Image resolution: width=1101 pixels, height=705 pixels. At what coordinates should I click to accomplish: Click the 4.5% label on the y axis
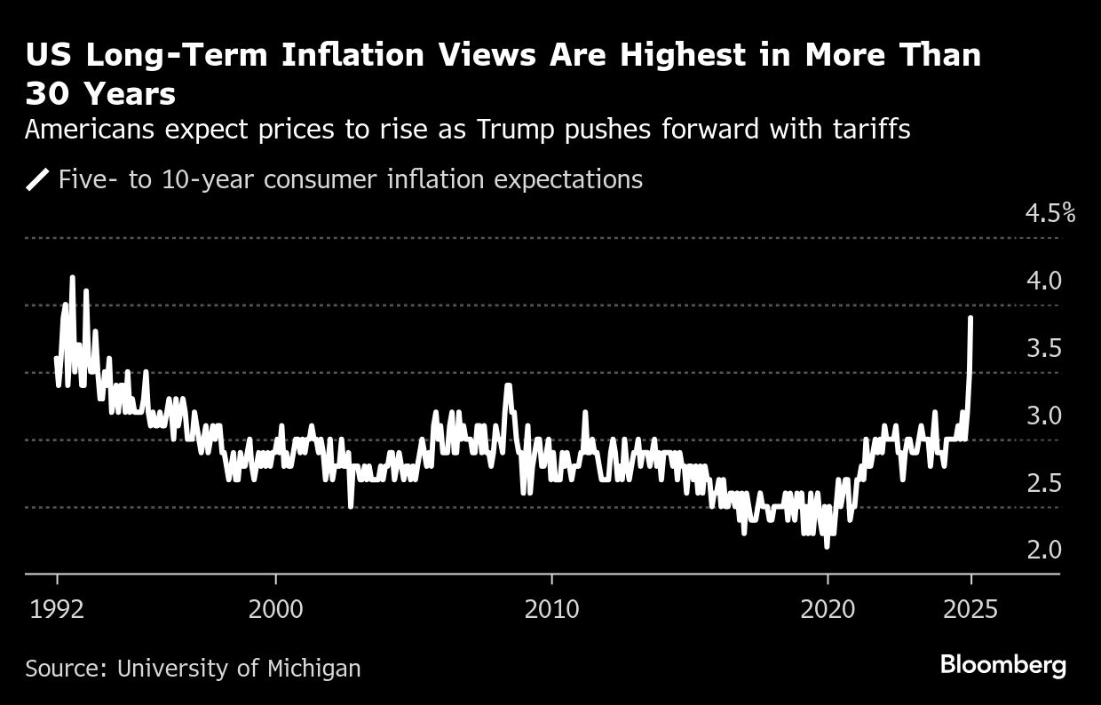pyautogui.click(x=1050, y=213)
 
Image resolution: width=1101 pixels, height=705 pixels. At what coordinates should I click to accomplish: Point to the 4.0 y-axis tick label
pyautogui.click(x=1044, y=281)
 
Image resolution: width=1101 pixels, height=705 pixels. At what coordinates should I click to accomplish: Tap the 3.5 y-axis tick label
pyautogui.click(x=1044, y=348)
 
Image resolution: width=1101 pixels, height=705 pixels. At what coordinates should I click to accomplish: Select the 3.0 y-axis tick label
pyautogui.click(x=1044, y=416)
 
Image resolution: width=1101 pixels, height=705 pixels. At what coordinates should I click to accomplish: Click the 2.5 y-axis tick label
pyautogui.click(x=1044, y=483)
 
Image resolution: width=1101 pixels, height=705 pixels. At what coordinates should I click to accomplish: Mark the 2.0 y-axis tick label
pyautogui.click(x=1044, y=551)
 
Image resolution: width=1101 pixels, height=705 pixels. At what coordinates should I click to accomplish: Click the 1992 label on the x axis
pyautogui.click(x=58, y=610)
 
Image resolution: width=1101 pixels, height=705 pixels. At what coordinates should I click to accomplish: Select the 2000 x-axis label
pyautogui.click(x=276, y=610)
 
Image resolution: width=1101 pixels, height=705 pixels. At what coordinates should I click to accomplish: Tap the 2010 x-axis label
pyautogui.click(x=552, y=610)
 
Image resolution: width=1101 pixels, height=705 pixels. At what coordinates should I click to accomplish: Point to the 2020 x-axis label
pyautogui.click(x=828, y=610)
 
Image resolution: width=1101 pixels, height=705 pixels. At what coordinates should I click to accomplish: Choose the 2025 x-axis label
pyautogui.click(x=971, y=610)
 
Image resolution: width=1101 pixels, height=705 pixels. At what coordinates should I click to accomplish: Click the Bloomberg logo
pyautogui.click(x=1002, y=665)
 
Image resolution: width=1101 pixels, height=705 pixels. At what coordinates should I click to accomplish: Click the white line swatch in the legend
pyautogui.click(x=37, y=180)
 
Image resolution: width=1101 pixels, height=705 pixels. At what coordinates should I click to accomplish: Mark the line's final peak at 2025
pyautogui.click(x=971, y=317)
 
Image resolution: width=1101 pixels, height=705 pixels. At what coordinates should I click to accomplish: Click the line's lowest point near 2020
pyautogui.click(x=827, y=546)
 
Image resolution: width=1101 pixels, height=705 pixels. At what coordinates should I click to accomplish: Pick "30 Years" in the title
pyautogui.click(x=100, y=93)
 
